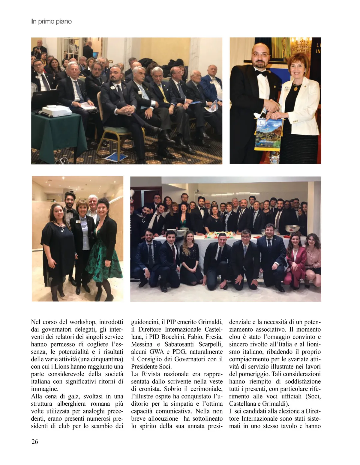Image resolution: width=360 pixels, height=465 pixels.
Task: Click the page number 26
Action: click(x=34, y=441)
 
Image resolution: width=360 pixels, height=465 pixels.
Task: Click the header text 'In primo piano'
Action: click(x=51, y=21)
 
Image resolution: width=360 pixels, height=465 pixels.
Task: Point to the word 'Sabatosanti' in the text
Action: click(x=181, y=344)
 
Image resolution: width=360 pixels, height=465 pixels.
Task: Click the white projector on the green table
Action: click(x=56, y=112)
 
